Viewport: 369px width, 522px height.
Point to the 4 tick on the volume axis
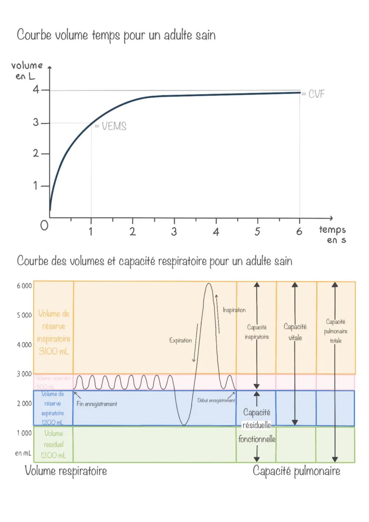coord(36,90)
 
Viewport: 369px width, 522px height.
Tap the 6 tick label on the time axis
coord(299,232)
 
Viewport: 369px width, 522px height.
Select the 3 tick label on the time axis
coord(174,232)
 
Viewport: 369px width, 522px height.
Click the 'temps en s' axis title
coord(333,235)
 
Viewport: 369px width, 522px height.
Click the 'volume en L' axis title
coord(27,70)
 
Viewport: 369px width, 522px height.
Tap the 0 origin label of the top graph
coord(44,226)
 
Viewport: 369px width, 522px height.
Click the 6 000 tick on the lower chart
coord(24,286)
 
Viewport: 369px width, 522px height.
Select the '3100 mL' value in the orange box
coord(54,351)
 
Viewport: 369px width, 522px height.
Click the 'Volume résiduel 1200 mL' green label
coord(54,444)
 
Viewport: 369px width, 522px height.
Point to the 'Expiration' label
coord(180,340)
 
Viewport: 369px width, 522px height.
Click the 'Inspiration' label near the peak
coord(234,310)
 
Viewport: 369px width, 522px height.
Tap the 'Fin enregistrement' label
coord(97,404)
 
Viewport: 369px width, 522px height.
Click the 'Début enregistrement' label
coord(216,400)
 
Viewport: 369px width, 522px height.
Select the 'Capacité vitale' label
coord(295,332)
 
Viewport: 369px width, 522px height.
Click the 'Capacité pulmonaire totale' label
coord(336,331)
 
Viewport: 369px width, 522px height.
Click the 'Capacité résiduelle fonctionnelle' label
coord(257,425)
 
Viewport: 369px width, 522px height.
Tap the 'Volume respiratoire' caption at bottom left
coord(66,471)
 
